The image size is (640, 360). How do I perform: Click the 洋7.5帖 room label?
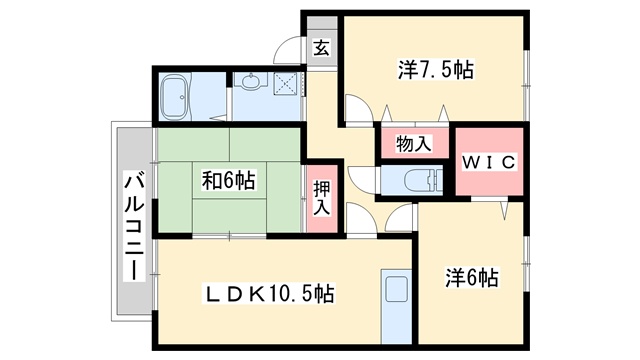coord(436,70)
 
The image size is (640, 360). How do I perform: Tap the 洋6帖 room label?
coord(472,278)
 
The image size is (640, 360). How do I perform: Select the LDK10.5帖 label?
coord(269,293)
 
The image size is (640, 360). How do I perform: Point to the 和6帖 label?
coord(229,180)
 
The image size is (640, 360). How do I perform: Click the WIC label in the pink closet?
coord(489,162)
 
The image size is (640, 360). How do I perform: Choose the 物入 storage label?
coord(413,144)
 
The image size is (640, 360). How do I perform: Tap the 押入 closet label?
coord(322,198)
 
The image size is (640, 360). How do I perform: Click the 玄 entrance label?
coord(322,49)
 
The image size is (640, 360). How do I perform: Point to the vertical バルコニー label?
coord(135,227)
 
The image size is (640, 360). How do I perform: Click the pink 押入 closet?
coord(322,198)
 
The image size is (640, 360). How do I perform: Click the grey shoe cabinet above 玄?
coord(322,23)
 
